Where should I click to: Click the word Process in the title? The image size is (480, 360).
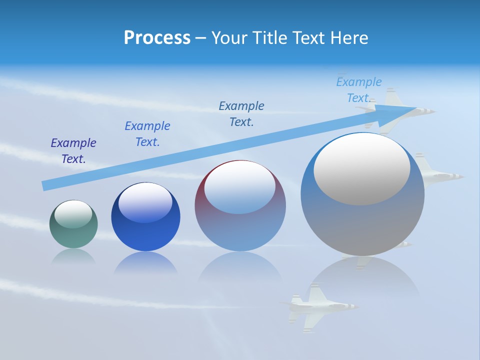pos(157,37)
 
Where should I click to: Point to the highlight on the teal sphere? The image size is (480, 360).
pos(73,213)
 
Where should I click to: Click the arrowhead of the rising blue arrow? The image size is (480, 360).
pos(395,114)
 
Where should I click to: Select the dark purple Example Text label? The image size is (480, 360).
pos(73,151)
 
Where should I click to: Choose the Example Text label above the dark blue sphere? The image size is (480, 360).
pos(147,134)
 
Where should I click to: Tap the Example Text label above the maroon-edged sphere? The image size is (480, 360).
pos(241,114)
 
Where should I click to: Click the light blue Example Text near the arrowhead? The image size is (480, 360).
pos(358,90)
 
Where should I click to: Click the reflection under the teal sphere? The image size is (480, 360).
pos(73,257)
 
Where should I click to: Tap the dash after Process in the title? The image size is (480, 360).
pos(201,38)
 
